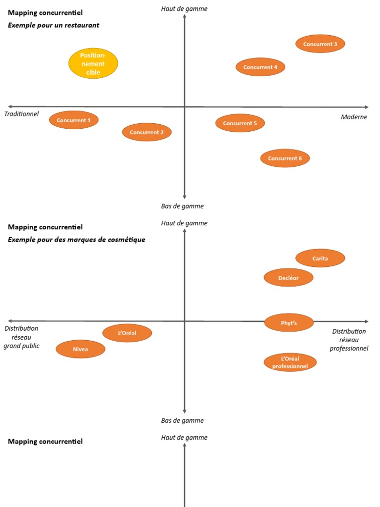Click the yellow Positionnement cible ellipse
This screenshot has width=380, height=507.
(x=93, y=63)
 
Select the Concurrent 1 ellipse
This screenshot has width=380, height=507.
(x=74, y=120)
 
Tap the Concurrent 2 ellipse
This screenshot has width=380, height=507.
(x=147, y=132)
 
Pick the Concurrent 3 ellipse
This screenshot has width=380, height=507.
(x=320, y=44)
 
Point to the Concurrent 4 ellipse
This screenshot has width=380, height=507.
(x=260, y=67)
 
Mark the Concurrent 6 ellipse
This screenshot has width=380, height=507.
(x=285, y=158)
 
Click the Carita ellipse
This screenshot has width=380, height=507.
(x=320, y=258)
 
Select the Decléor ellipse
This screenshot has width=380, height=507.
(x=288, y=278)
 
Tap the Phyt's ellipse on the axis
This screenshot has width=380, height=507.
(x=289, y=323)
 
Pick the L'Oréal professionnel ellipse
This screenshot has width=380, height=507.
(x=290, y=362)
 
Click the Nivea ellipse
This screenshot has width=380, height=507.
(x=81, y=349)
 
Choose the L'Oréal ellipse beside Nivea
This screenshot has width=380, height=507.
(x=127, y=333)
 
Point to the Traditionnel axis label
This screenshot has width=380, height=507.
(x=21, y=114)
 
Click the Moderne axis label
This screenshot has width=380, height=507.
(x=354, y=117)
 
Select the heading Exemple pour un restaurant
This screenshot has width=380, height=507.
(x=53, y=25)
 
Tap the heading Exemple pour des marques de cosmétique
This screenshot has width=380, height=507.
(x=76, y=240)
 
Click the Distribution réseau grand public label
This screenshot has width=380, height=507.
(x=21, y=337)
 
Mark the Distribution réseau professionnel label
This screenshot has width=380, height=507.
(x=349, y=340)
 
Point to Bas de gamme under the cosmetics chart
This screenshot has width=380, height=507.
(x=182, y=420)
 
